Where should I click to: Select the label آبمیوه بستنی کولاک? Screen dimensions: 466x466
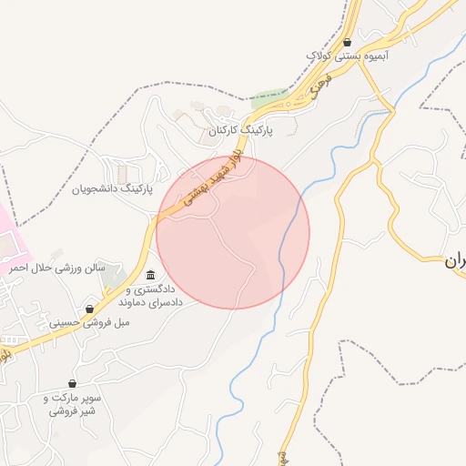[349, 56]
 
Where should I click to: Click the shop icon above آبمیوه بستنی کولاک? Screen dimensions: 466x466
[349, 42]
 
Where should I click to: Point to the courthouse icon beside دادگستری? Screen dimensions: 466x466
[150, 276]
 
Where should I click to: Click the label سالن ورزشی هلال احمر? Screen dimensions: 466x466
[58, 268]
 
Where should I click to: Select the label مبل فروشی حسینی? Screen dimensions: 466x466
[89, 322]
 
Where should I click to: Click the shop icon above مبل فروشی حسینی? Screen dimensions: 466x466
[89, 309]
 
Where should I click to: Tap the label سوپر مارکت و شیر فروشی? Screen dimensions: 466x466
[72, 405]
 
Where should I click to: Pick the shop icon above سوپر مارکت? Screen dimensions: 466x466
[72, 384]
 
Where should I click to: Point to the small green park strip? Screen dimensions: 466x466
[269, 95]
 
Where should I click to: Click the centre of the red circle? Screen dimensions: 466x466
[233, 232]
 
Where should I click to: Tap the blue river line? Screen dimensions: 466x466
[289, 228]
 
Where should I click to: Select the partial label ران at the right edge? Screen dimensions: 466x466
[454, 260]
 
